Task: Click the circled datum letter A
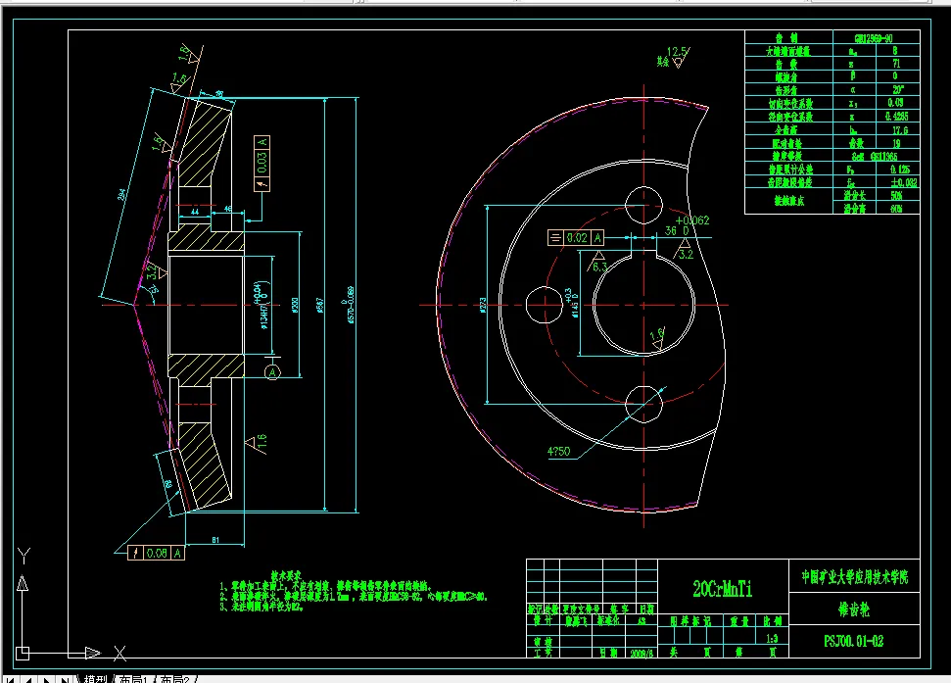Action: click(273, 371)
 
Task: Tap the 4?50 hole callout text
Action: click(559, 452)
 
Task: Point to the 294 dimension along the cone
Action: click(120, 196)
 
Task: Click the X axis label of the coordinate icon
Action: click(119, 652)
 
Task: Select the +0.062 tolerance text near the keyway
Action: click(690, 220)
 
